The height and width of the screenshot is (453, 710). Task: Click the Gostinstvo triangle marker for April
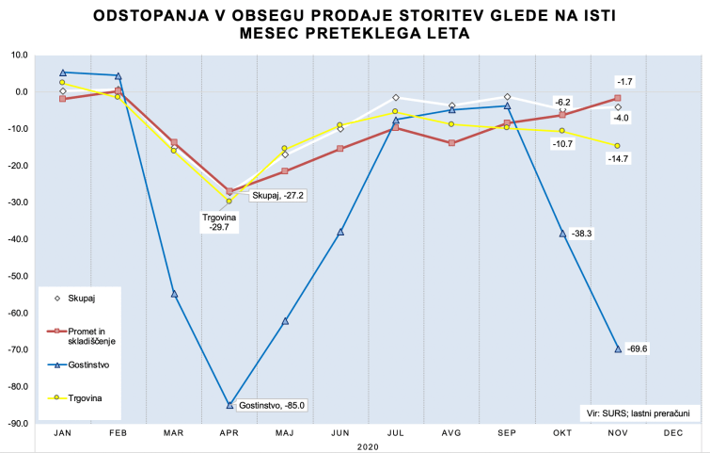pyautogui.click(x=229, y=405)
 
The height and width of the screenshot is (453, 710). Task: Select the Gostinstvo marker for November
pyautogui.click(x=618, y=348)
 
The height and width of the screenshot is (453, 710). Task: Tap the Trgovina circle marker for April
pyautogui.click(x=229, y=201)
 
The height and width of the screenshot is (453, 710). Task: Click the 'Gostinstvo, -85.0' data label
pyautogui.click(x=274, y=405)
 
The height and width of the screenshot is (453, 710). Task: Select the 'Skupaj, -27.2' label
pyautogui.click(x=273, y=195)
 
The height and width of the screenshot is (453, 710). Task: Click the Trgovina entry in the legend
pyautogui.click(x=79, y=397)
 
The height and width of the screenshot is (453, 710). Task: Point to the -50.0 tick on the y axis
pyautogui.click(x=19, y=276)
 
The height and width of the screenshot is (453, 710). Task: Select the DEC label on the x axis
pyautogui.click(x=673, y=432)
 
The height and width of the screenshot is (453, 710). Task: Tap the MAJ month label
pyautogui.click(x=285, y=432)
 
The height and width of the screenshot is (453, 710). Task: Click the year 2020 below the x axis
pyautogui.click(x=368, y=445)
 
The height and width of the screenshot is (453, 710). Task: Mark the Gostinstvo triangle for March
pyautogui.click(x=174, y=294)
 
